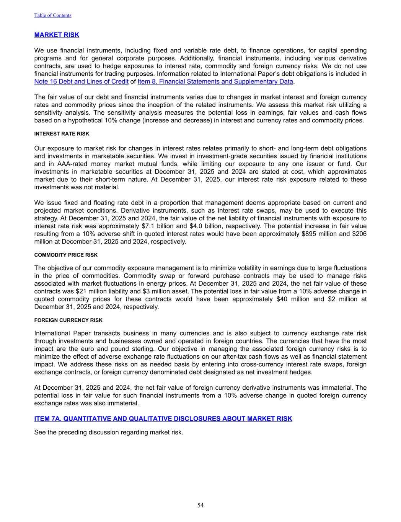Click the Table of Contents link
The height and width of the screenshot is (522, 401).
(53, 15)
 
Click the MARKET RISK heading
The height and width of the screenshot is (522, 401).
(57, 35)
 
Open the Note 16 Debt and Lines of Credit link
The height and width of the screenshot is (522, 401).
(81, 81)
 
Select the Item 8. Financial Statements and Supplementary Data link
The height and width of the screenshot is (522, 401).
(215, 81)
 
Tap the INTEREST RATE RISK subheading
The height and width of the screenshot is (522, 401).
(62, 134)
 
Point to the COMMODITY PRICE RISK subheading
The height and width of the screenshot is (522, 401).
(66, 255)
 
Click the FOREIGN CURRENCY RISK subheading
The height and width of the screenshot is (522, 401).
(68, 320)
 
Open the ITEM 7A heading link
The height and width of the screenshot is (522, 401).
(163, 418)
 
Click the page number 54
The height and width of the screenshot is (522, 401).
(200, 505)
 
